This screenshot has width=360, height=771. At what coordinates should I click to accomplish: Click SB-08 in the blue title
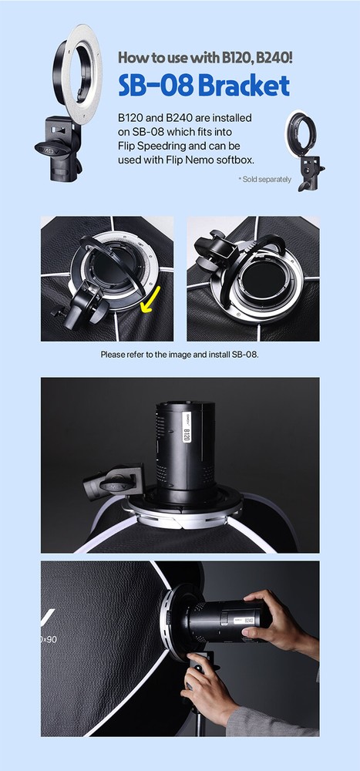pos(156,86)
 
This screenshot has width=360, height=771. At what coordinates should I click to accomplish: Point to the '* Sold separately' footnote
pos(264,180)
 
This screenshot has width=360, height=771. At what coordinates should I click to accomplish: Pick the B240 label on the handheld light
pos(249,621)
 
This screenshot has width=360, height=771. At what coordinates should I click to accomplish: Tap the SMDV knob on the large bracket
pos(52,148)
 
